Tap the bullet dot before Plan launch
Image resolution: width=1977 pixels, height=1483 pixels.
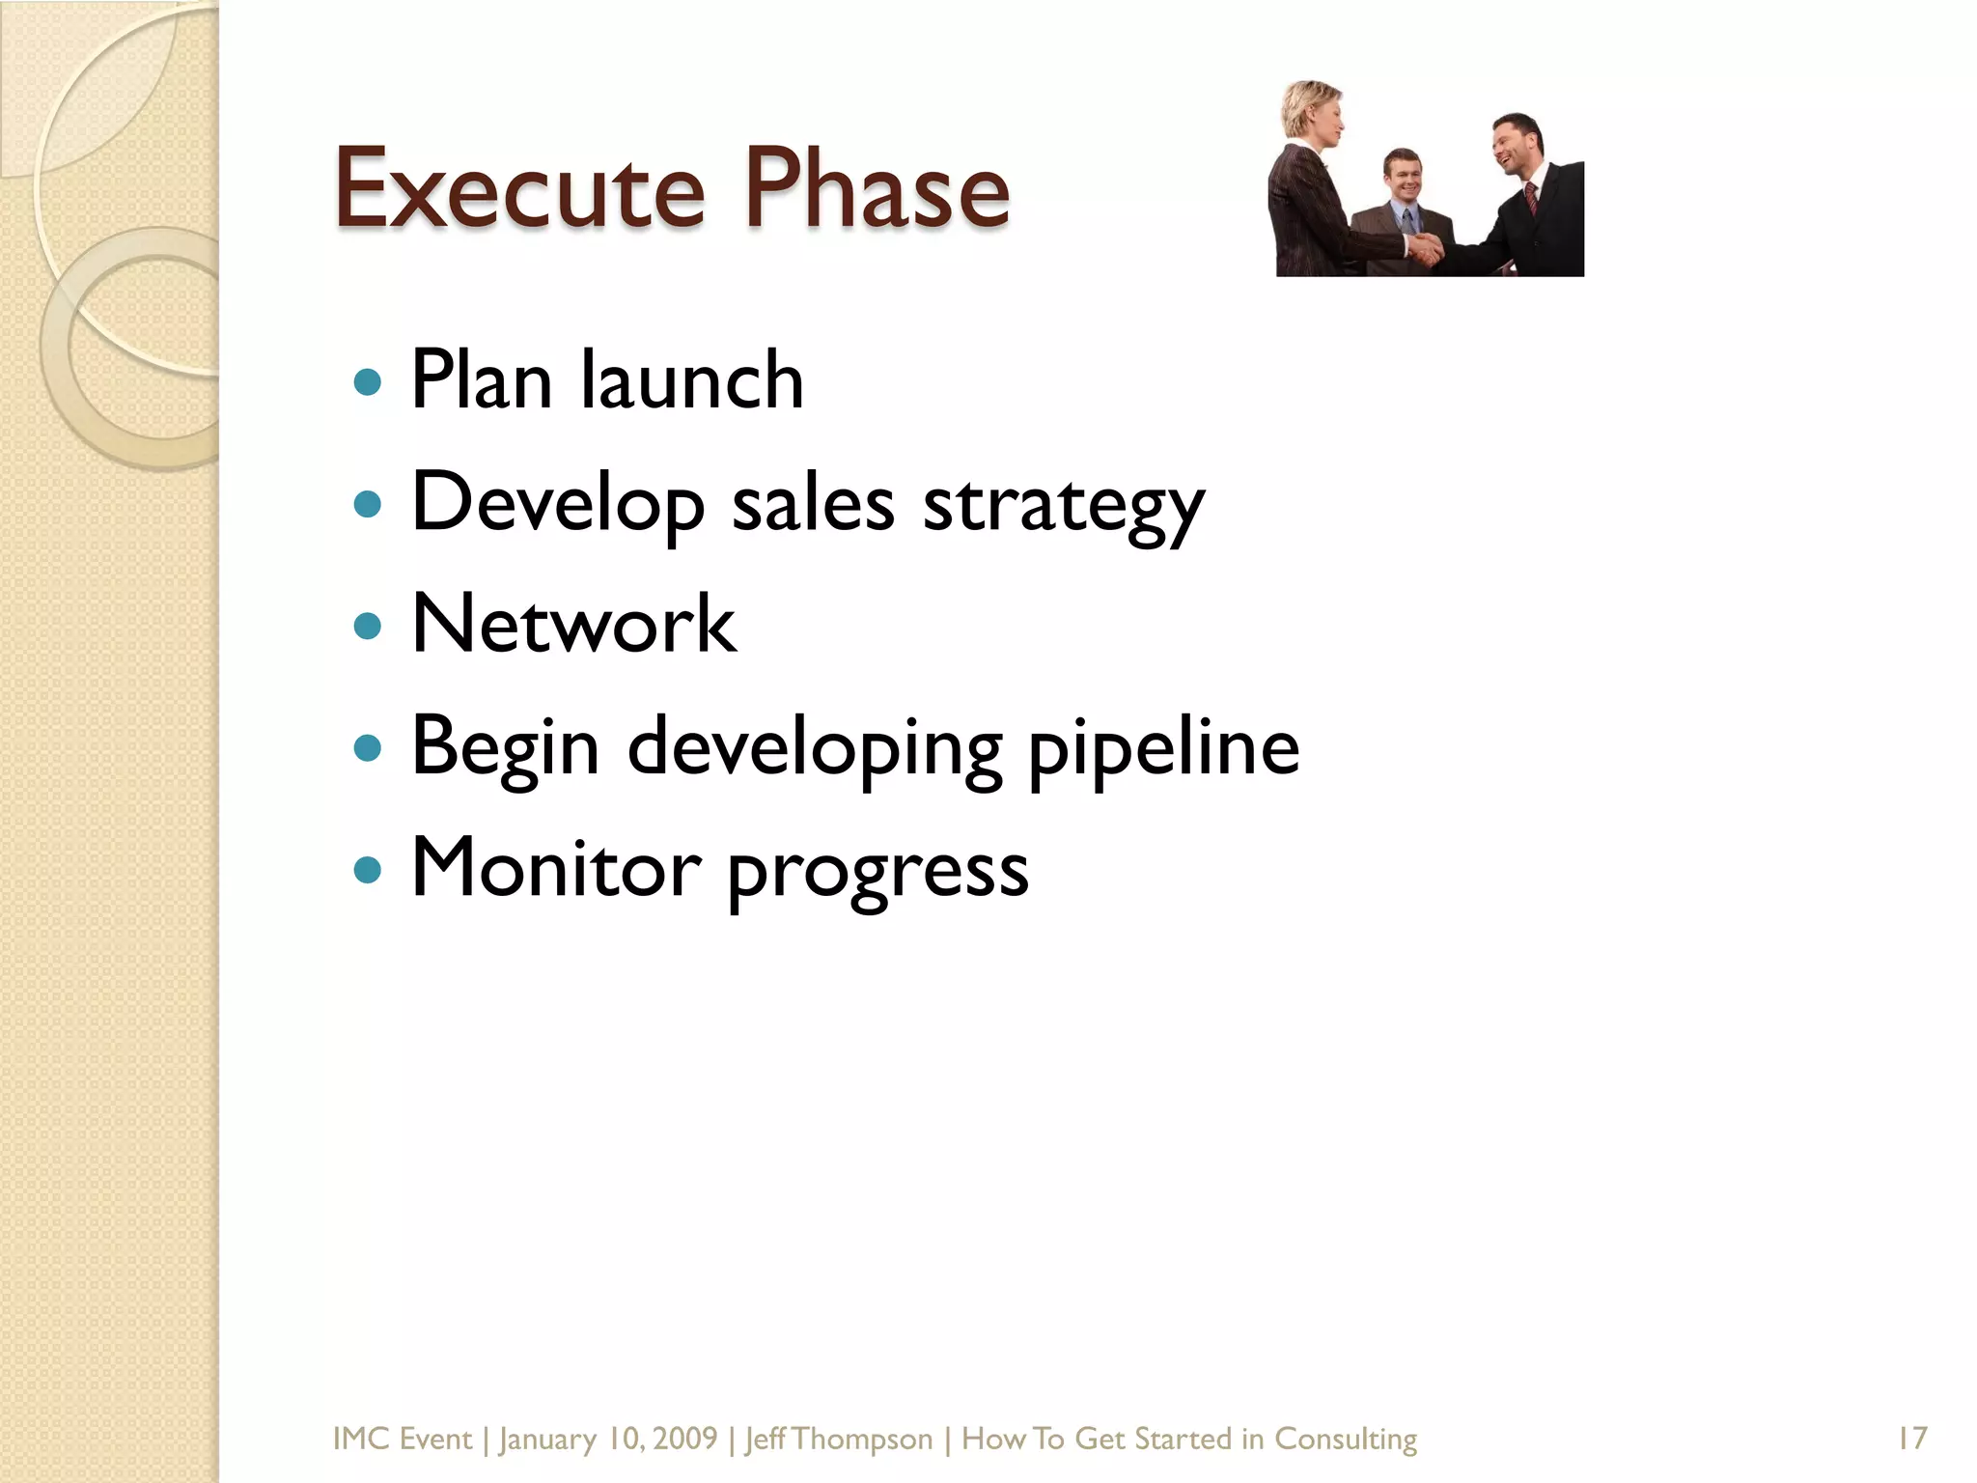click(368, 382)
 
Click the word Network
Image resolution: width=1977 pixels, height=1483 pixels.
click(573, 625)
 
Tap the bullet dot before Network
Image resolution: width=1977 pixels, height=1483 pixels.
click(368, 627)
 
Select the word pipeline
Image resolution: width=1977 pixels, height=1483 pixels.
click(1163, 748)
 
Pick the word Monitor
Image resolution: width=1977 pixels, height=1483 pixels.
click(556, 868)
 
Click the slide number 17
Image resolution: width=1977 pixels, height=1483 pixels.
click(1911, 1439)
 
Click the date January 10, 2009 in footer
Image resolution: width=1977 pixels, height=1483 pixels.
click(608, 1439)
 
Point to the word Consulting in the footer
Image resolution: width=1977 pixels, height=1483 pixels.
click(1346, 1439)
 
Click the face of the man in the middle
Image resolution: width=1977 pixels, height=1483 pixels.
click(1403, 177)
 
